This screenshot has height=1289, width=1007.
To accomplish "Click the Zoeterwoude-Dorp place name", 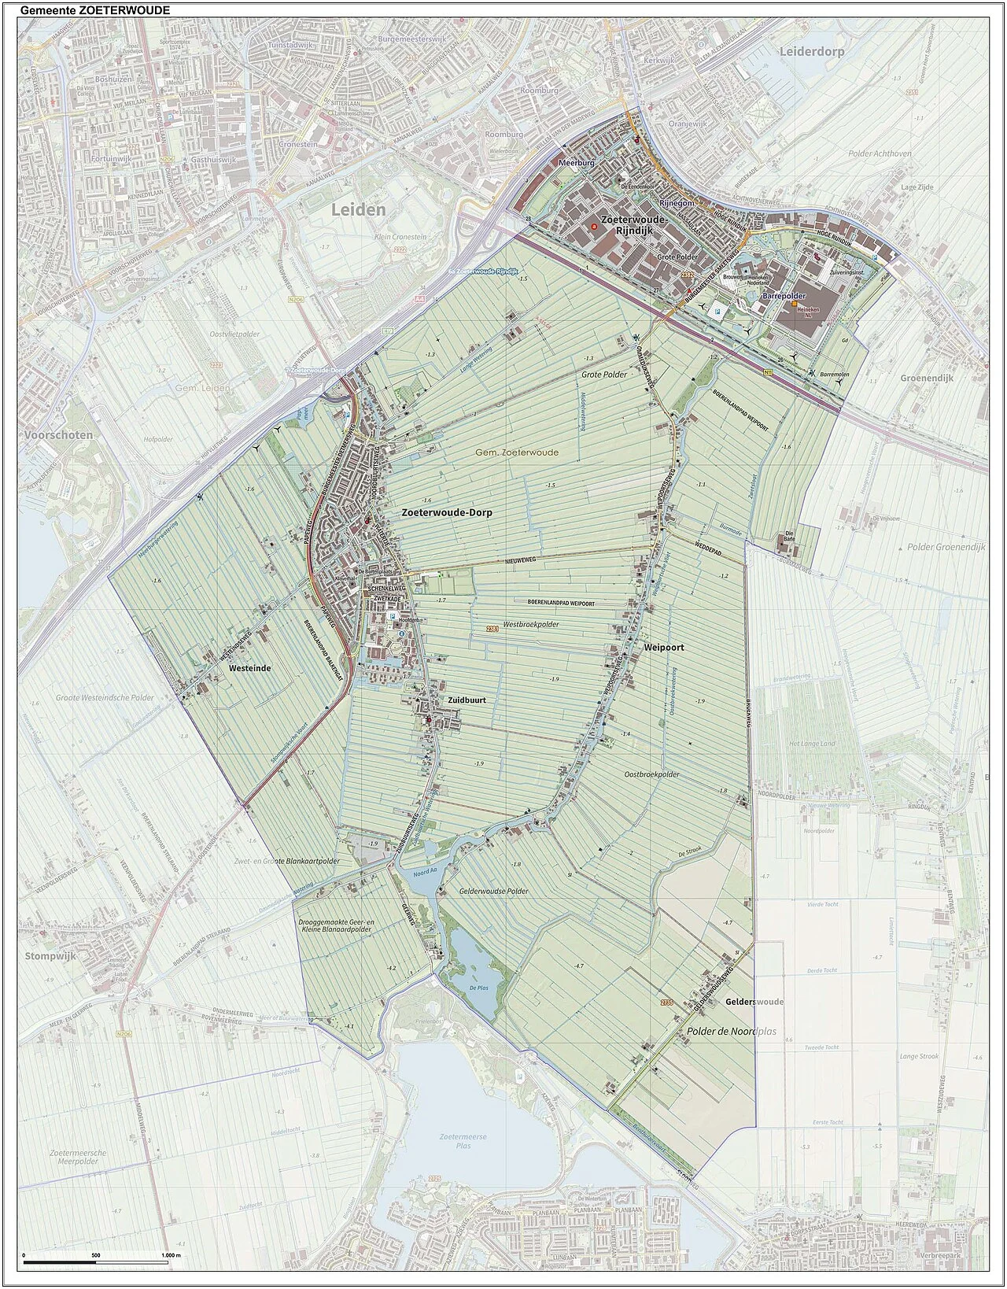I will point(446,512).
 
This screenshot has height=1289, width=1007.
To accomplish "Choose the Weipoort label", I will point(663,647).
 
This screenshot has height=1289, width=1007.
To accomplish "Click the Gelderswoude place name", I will point(754,1002).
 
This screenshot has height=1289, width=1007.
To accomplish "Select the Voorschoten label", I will point(57,434).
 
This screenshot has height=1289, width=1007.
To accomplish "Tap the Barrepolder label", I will point(778,296).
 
